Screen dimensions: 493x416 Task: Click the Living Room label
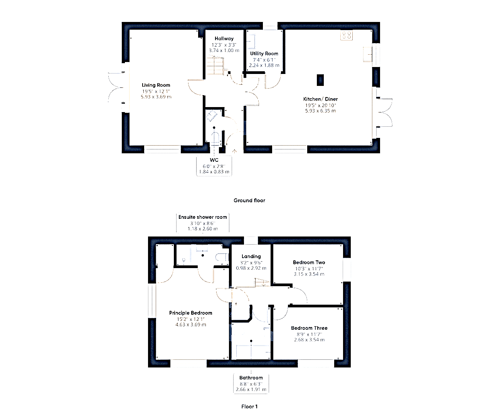[x=156, y=85]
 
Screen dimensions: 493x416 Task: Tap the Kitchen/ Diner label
[x=320, y=99]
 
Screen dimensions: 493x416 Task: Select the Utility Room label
[x=264, y=54]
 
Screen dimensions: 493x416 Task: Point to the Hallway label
[x=224, y=39]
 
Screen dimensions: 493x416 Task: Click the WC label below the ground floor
[x=214, y=160]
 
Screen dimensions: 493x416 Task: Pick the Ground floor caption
[x=249, y=200]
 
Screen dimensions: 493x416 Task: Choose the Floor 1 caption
[x=249, y=406]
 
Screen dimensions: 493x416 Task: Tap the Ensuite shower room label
[x=203, y=217]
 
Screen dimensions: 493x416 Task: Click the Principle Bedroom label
[x=190, y=313]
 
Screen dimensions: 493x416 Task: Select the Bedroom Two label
[x=309, y=262]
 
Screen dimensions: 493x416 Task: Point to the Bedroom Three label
[x=309, y=328]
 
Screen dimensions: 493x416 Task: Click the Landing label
[x=251, y=257]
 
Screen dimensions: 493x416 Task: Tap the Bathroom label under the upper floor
[x=251, y=378]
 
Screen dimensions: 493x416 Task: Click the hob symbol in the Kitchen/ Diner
[x=347, y=35]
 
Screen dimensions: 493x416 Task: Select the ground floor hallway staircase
[x=215, y=65]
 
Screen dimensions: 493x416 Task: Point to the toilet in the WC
[x=215, y=138]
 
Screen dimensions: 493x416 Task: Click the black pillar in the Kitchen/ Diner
[x=320, y=80]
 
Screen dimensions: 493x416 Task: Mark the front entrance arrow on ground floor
[x=234, y=151]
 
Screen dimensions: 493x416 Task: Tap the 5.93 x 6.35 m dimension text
[x=320, y=111]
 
